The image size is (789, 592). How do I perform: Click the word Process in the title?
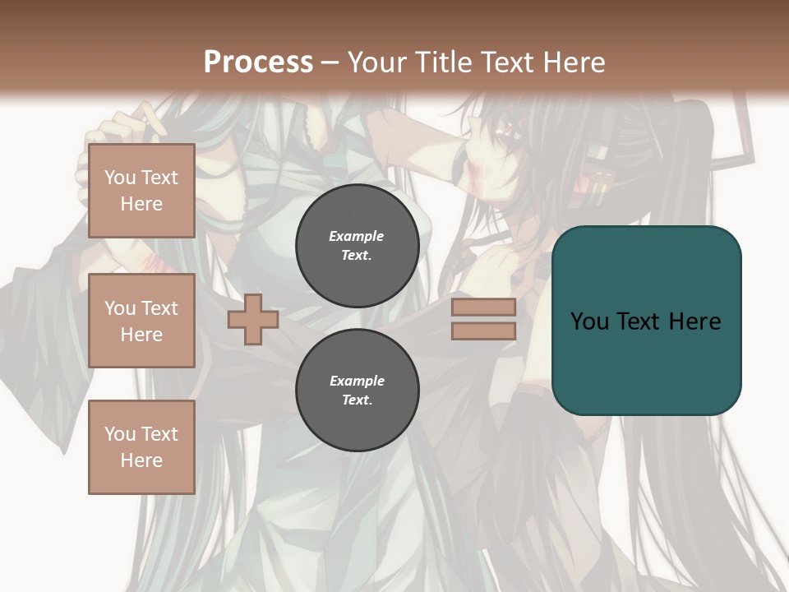(258, 62)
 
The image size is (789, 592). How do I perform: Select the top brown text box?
(141, 191)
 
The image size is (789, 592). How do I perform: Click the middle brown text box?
(141, 321)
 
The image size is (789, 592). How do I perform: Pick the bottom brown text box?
(141, 447)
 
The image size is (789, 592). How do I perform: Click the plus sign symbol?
(253, 319)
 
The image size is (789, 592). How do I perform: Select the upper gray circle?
(357, 246)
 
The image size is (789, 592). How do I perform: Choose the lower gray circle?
(357, 391)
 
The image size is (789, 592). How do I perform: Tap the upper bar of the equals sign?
(483, 307)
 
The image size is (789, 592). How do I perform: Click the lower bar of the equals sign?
(483, 331)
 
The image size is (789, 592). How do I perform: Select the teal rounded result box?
(646, 321)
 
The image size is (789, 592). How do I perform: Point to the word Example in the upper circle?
(357, 236)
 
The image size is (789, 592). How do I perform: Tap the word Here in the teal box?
(694, 321)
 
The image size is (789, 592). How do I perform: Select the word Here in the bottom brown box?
(141, 460)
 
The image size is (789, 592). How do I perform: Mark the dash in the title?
(330, 62)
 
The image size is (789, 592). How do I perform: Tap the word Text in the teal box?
(640, 321)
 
